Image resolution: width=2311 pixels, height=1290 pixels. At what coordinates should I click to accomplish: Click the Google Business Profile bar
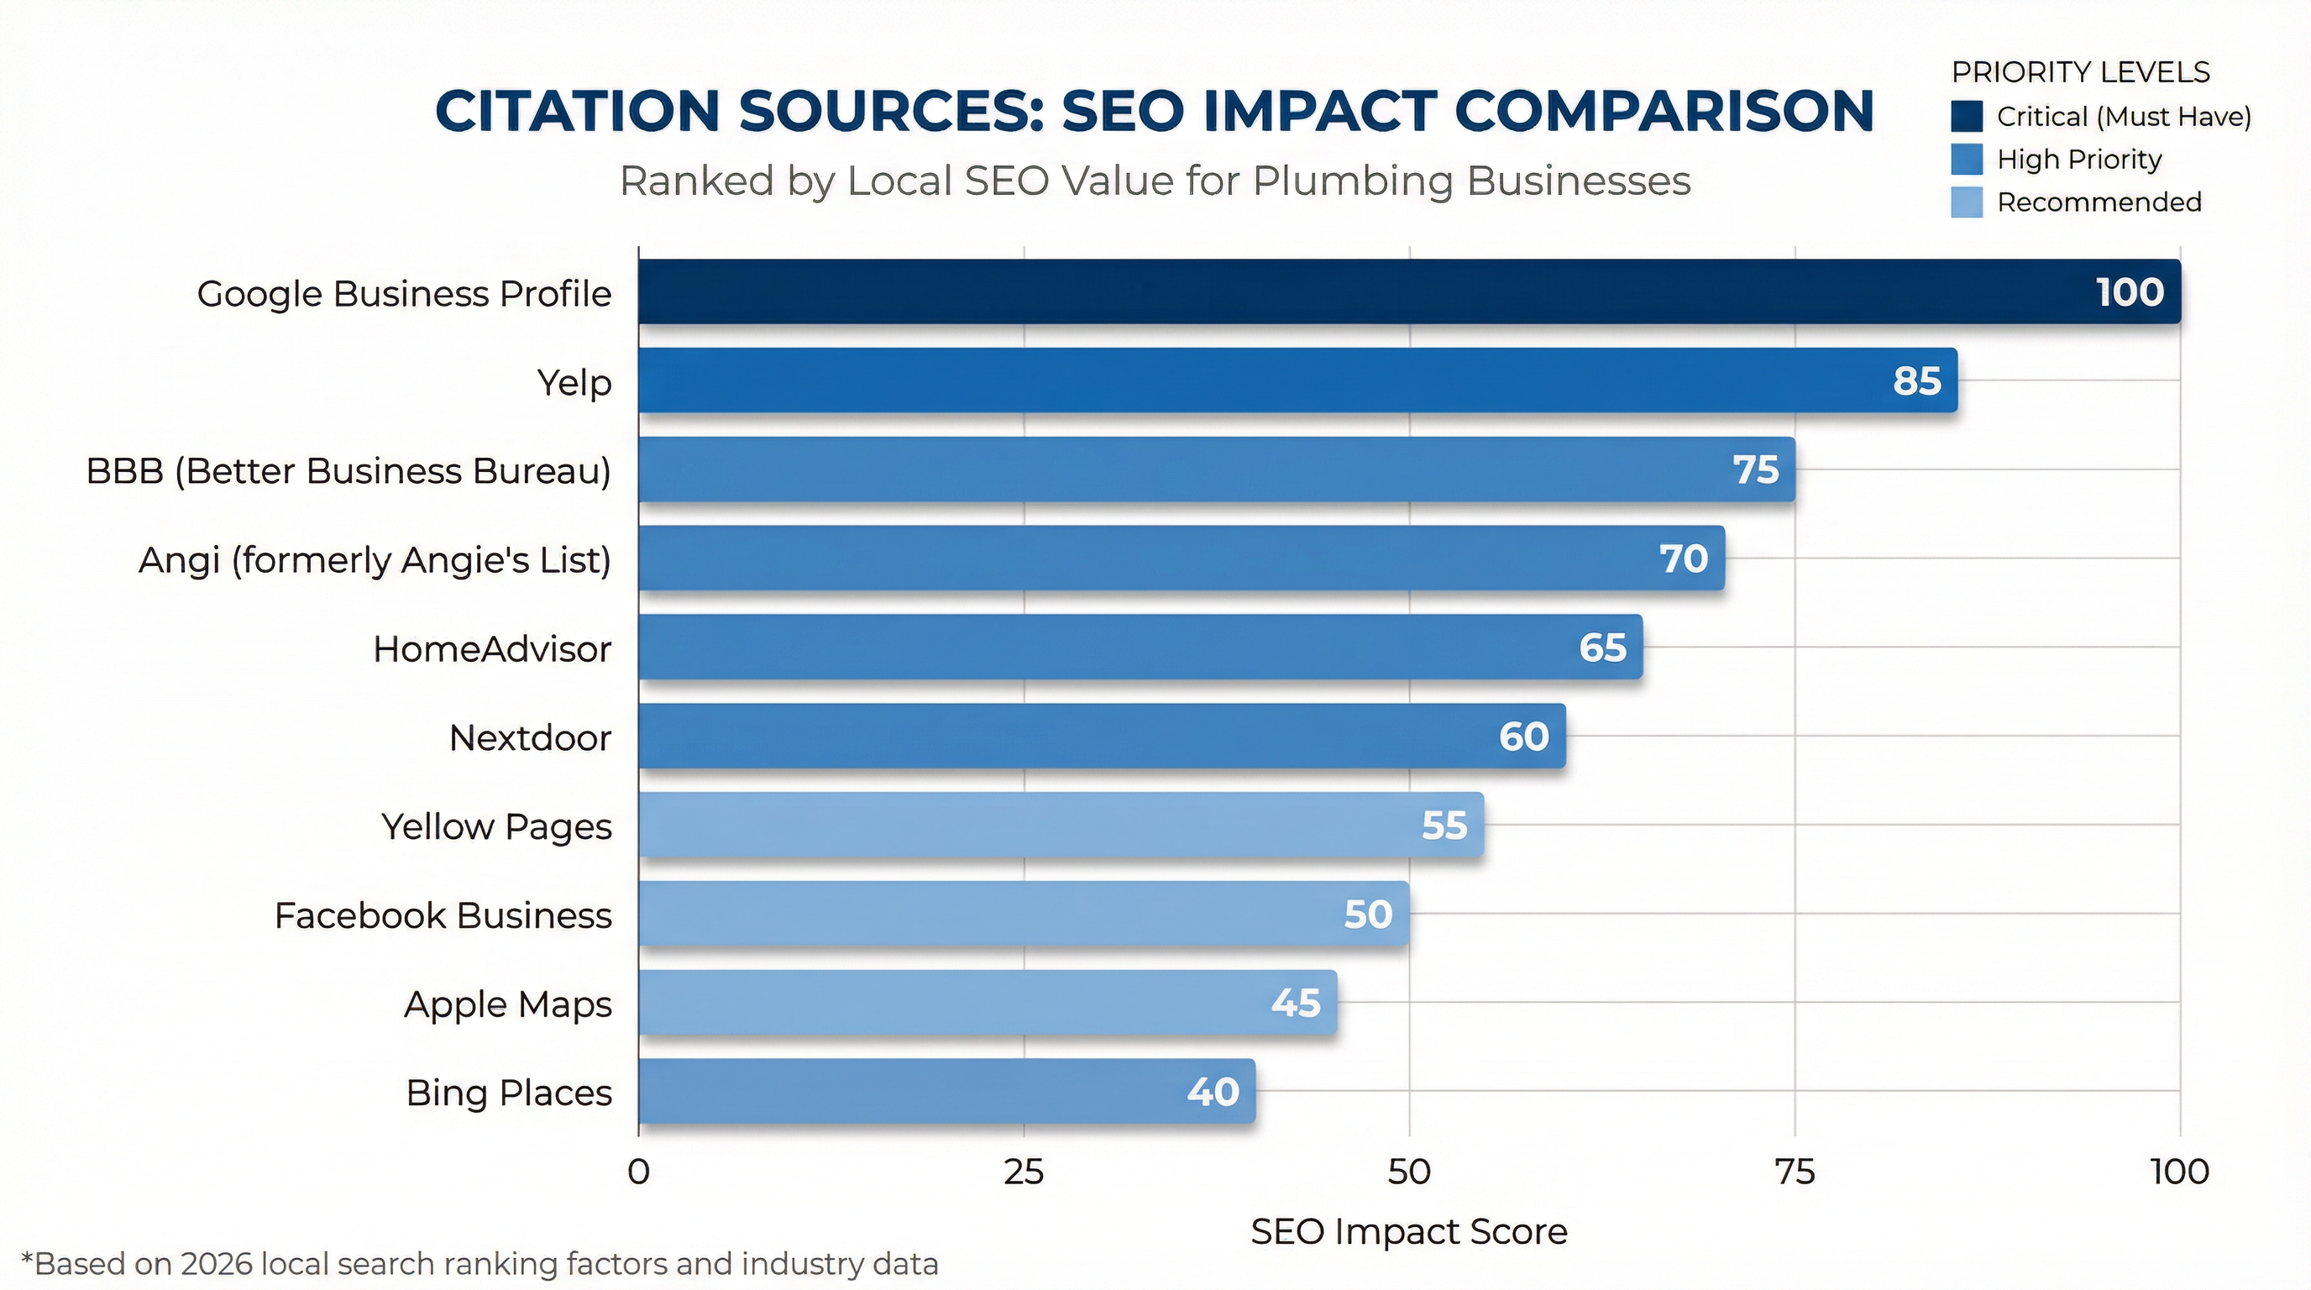pyautogui.click(x=1408, y=291)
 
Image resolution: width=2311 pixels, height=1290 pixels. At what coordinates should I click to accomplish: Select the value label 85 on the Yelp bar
pyautogui.click(x=1916, y=381)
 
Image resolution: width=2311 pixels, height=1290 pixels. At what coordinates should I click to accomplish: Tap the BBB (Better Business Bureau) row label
pyautogui.click(x=348, y=471)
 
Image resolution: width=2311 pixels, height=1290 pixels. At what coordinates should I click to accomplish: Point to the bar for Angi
pyautogui.click(x=1181, y=558)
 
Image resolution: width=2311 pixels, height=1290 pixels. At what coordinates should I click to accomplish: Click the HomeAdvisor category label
pyautogui.click(x=491, y=648)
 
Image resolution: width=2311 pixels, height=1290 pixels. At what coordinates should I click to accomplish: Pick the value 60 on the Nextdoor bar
pyautogui.click(x=1523, y=737)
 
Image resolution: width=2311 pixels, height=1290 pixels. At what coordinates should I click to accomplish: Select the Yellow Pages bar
pyautogui.click(x=1061, y=825)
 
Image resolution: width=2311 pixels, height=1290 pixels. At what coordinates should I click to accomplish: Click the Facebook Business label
pyautogui.click(x=443, y=916)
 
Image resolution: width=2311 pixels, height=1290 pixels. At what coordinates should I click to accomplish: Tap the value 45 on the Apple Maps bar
pyautogui.click(x=1296, y=1003)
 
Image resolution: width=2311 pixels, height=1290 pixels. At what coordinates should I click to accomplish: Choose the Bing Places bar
pyautogui.click(x=946, y=1091)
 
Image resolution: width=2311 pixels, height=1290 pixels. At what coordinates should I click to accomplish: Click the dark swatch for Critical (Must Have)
pyautogui.click(x=1967, y=117)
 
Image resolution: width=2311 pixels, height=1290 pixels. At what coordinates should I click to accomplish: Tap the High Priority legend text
pyautogui.click(x=2078, y=160)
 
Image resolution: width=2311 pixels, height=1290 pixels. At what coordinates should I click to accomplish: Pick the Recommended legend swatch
pyautogui.click(x=1967, y=202)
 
